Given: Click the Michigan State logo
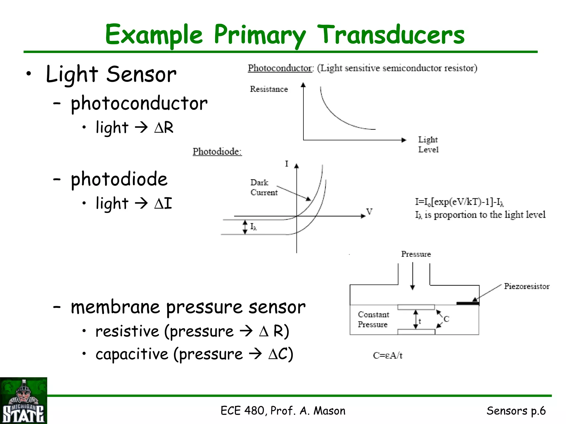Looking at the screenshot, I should (23, 401).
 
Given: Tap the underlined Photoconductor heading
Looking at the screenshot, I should (280, 68).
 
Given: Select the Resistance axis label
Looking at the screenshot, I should (269, 89).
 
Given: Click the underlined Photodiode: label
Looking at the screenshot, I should (217, 152).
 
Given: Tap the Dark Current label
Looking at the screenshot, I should (264, 187).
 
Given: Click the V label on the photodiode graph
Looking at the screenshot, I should (369, 211).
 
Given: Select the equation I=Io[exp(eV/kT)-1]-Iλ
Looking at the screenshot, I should (459, 202).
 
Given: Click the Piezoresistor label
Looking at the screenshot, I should (526, 286).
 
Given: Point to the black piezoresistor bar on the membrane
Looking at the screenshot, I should (468, 303).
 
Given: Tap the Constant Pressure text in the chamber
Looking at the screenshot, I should (373, 319).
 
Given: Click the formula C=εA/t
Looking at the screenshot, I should (387, 356).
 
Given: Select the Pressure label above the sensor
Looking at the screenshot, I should (416, 254).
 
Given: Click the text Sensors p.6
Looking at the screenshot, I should (516, 411).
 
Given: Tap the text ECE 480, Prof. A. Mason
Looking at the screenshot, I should (283, 411).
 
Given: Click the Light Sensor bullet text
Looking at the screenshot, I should (111, 74).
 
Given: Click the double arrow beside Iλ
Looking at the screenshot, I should (245, 227).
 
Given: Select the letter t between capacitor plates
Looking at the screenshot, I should (420, 321).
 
